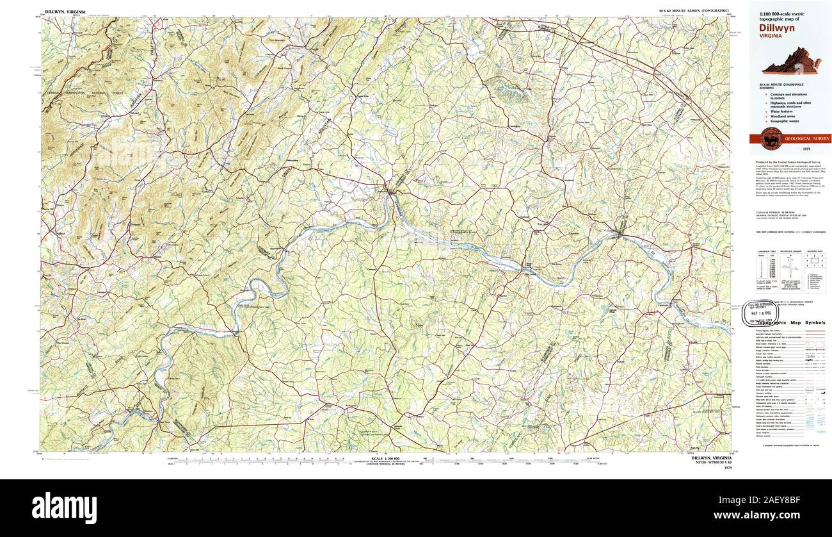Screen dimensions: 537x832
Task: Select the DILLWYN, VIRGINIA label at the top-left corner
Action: [x=65, y=12]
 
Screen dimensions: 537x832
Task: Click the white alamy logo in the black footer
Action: [x=64, y=508]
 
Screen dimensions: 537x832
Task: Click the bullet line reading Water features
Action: [x=783, y=111]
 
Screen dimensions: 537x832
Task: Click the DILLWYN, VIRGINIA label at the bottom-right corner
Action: [x=708, y=458]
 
